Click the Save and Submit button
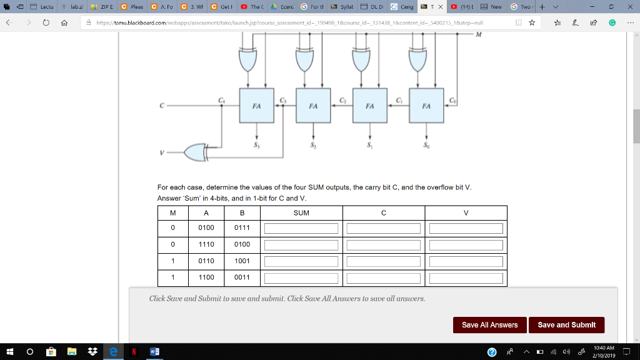click(566, 325)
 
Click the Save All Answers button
click(489, 325)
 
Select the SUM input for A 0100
click(301, 229)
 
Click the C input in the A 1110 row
click(384, 245)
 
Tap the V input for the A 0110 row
click(466, 261)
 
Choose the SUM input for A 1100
click(301, 277)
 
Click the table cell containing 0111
click(242, 228)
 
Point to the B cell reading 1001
click(242, 261)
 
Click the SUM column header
click(301, 213)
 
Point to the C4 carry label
click(221, 100)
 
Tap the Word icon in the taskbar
click(154, 352)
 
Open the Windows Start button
click(11, 352)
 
